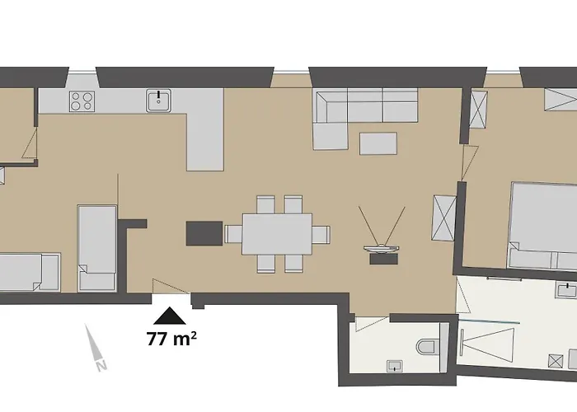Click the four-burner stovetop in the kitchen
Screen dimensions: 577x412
coord(82,101)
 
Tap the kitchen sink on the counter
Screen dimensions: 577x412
coord(158,100)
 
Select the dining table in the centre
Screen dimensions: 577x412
coord(277,234)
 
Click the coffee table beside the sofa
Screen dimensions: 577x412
coord(378,143)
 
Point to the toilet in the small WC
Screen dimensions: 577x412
coord(428,347)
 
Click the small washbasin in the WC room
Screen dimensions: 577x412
coord(395,366)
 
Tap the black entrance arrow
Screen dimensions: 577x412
coord(170,316)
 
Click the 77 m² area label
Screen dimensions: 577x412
coord(171,339)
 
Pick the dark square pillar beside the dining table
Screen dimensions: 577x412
coord(204,233)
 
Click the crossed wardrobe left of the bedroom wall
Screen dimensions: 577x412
coord(444,218)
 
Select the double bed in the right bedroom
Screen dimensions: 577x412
coord(542,225)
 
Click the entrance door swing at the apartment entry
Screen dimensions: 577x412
coord(171,287)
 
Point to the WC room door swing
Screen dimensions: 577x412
coord(371,324)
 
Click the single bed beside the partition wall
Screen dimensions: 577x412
coord(97,248)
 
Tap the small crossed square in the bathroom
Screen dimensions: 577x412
coord(556,361)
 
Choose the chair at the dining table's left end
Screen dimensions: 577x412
coord(233,234)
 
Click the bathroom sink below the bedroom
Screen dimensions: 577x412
coord(567,290)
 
